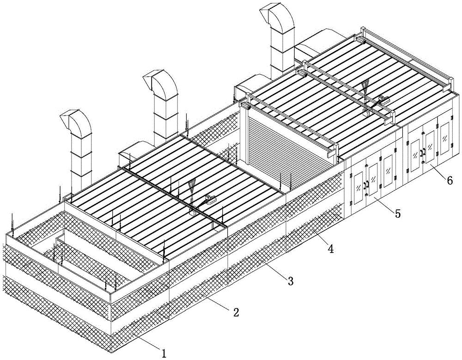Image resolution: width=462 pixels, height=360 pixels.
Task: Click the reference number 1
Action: coord(164,353)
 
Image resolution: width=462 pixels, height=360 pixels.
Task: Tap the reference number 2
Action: coord(236,312)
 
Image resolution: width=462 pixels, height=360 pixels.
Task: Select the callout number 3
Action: coord(290,281)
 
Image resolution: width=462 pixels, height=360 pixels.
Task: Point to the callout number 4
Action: coord(330,249)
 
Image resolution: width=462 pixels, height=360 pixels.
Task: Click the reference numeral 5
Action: coord(398,214)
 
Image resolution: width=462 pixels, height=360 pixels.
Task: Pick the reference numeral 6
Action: coord(450,180)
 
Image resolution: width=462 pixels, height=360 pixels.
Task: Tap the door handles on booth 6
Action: coord(423,153)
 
